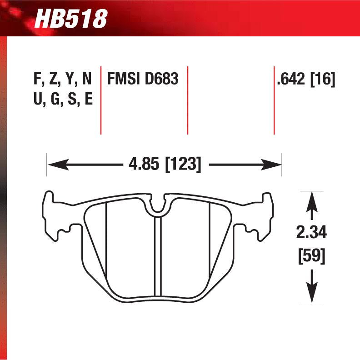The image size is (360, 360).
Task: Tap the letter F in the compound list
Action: coord(38,79)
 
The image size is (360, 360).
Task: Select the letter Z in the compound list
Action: coord(54,79)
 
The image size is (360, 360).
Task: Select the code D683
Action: coord(161,79)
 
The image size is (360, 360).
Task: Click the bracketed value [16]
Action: coord(323,79)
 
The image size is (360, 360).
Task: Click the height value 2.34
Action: coord(311,234)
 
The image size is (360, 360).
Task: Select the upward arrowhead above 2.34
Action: coord(311,200)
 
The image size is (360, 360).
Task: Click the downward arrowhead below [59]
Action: coord(311,295)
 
